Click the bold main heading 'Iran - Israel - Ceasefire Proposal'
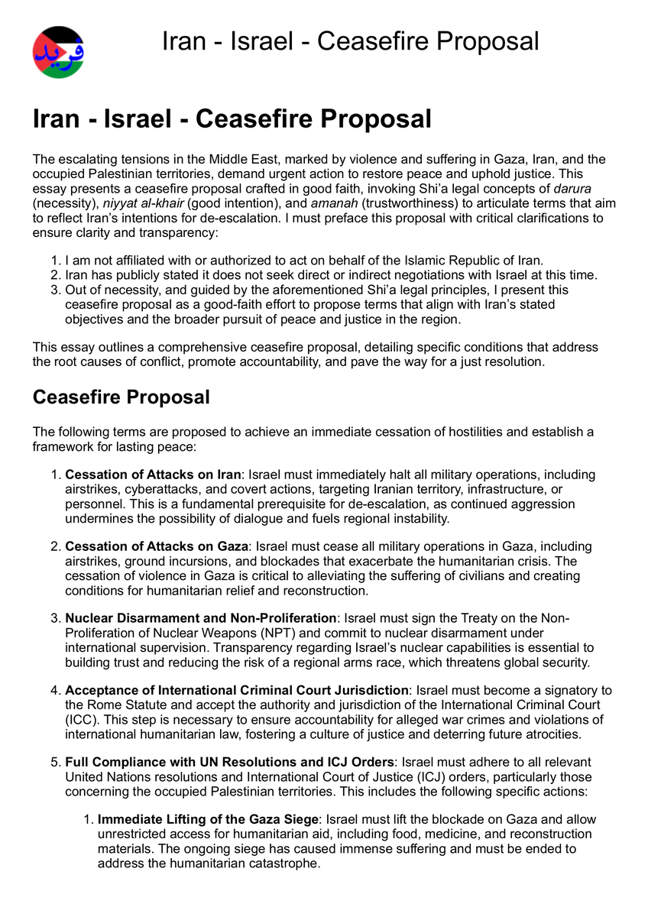232,119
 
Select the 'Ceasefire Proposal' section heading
121,397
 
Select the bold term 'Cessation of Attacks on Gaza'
157,546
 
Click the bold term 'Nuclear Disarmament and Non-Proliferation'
200,618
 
